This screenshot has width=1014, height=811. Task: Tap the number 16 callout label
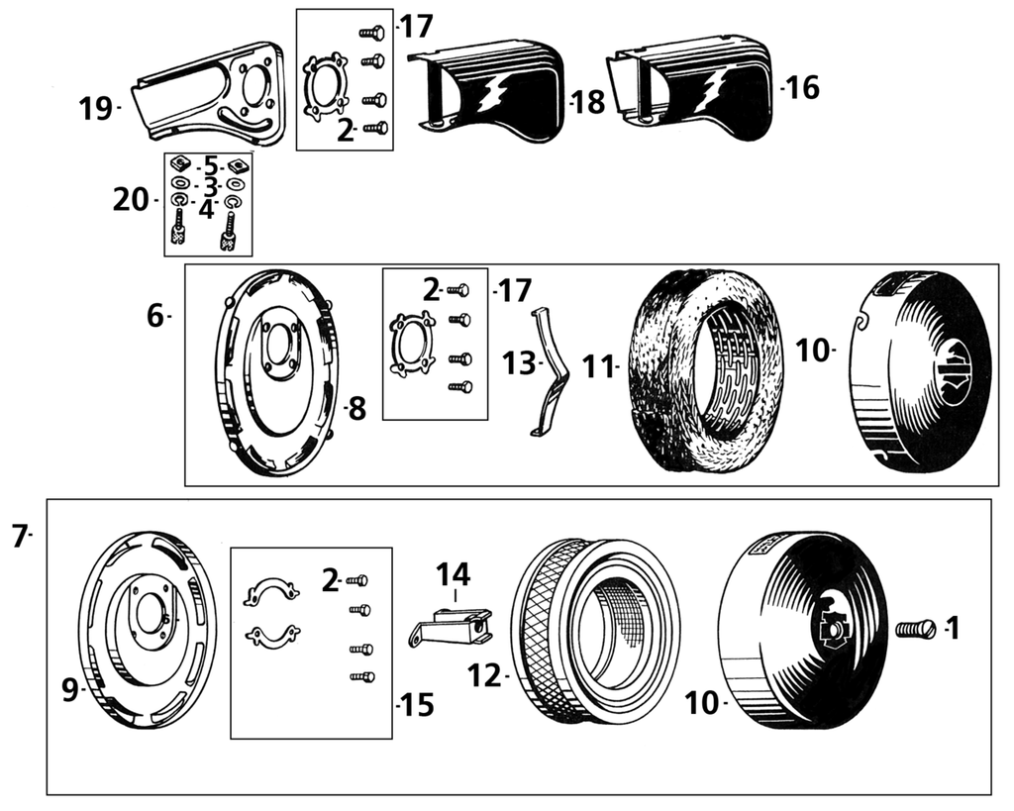point(803,88)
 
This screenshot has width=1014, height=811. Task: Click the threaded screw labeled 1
point(916,628)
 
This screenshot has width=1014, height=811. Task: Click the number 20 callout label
point(131,200)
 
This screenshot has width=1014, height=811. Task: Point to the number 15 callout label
point(416,706)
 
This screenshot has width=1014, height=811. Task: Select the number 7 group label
point(20,537)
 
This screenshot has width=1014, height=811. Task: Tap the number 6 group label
point(156,316)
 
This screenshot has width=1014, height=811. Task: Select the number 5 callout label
point(210,164)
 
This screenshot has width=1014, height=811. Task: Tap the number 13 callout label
point(518,363)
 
